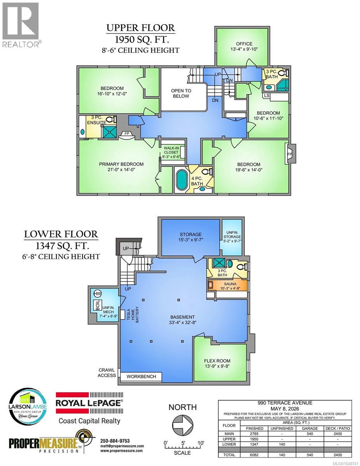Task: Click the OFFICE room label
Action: pyautogui.click(x=244, y=44)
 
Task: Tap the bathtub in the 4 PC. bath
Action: pyautogui.click(x=181, y=180)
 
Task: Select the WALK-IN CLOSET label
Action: pyautogui.click(x=171, y=150)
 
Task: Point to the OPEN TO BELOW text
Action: pyautogui.click(x=181, y=93)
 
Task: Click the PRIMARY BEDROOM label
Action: pyautogui.click(x=121, y=164)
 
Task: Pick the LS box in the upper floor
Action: pyautogui.click(x=266, y=96)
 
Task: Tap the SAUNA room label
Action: pyautogui.click(x=230, y=284)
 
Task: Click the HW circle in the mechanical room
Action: pyautogui.click(x=97, y=294)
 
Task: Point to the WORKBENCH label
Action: pyautogui.click(x=141, y=377)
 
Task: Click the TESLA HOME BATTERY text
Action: pyautogui.click(x=133, y=315)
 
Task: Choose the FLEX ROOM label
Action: pyautogui.click(x=217, y=361)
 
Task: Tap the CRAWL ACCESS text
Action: pyautogui.click(x=106, y=373)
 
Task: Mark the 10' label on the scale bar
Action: pyautogui.click(x=201, y=443)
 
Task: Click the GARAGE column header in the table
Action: pyautogui.click(x=310, y=428)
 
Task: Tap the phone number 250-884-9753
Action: pyautogui.click(x=115, y=441)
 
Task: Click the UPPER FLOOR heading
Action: pyautogui.click(x=141, y=28)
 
